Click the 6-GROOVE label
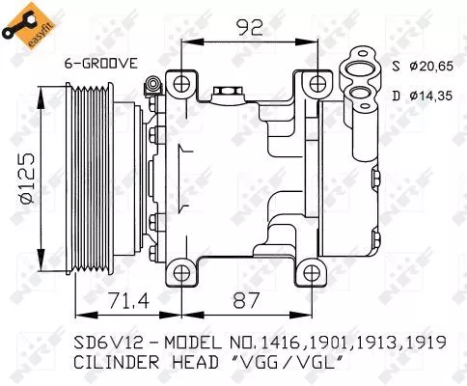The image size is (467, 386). tap(101, 64)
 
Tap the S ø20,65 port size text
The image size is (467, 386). tap(423, 67)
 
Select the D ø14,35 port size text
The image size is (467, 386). tap(423, 95)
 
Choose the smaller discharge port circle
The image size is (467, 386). tap(361, 95)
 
